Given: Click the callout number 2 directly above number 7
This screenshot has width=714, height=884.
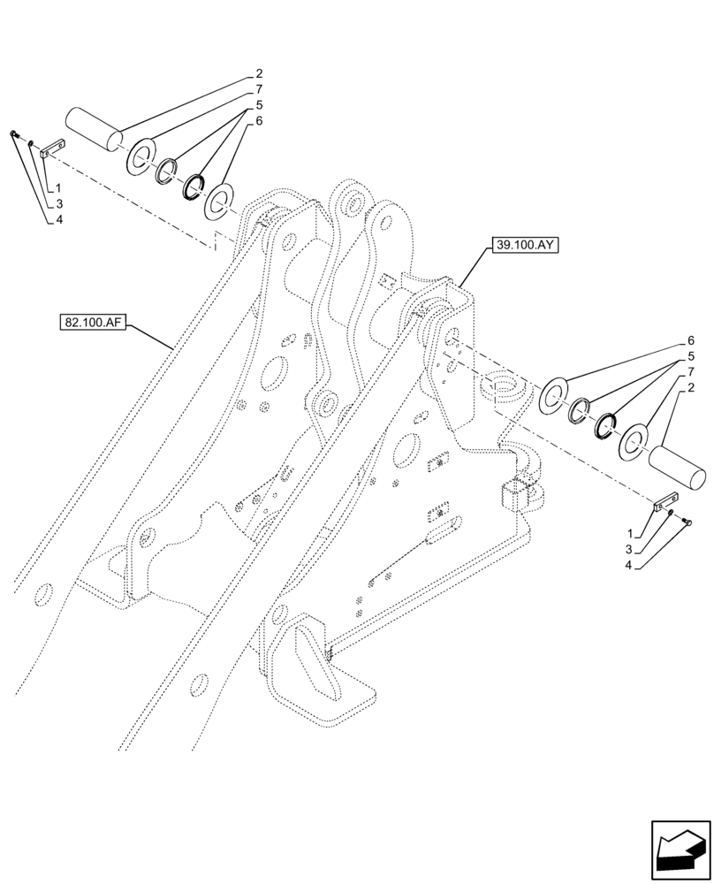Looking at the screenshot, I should [x=258, y=74].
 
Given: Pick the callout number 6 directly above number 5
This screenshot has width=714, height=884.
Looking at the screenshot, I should [x=690, y=340].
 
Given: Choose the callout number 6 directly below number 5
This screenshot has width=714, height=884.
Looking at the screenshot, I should [x=258, y=122].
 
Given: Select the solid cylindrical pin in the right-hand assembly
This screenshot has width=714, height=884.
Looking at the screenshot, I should [x=678, y=466].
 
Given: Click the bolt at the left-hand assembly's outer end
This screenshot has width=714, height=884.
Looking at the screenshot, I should [x=13, y=133].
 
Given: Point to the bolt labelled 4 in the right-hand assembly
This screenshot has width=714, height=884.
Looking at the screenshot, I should [x=687, y=523].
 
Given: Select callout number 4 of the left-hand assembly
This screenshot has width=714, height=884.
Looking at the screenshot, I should [x=58, y=218].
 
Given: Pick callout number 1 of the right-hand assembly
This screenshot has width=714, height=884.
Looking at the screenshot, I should [x=630, y=534].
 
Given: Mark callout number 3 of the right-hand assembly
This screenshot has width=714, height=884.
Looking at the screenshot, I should [x=630, y=549].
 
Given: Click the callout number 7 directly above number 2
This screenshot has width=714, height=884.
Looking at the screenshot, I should [x=690, y=372].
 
